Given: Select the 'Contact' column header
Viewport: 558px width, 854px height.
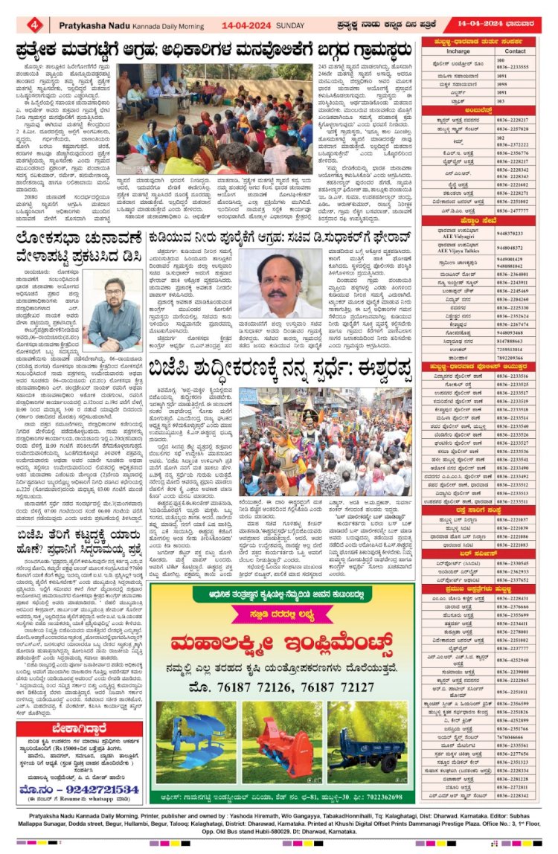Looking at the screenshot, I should click(x=515, y=51).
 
